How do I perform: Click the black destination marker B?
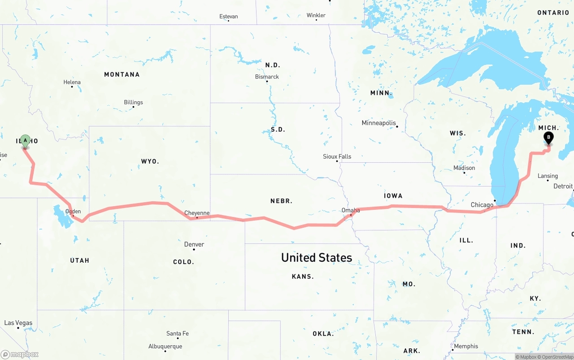pos(548,138)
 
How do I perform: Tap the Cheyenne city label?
pos(197,213)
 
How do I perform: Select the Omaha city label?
pos(351,210)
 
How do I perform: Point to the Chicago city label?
pos(482,205)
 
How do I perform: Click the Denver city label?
pos(194,244)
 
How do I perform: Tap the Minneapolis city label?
pos(379,123)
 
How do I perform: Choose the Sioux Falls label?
pos(337,156)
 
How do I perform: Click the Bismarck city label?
pos(267,77)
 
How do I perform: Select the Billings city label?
pos(134,102)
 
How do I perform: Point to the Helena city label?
pos(72,82)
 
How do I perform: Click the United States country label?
pos(317,257)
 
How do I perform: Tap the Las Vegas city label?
pos(18,323)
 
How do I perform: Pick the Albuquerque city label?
pos(165,346)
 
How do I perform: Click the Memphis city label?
pos(466,346)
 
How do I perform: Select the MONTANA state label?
pos(122,74)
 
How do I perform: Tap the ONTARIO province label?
pos(553,13)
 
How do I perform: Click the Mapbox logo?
pos(20,355)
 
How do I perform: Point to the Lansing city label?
pos(548,176)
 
